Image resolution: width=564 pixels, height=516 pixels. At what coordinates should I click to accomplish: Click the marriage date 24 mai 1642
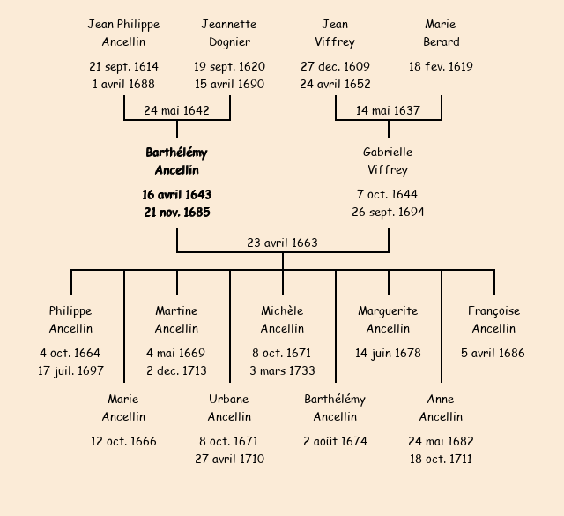click(176, 111)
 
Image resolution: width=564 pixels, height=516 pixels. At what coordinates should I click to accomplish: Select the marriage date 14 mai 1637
click(388, 111)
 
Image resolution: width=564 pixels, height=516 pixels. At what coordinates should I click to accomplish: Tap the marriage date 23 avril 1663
click(282, 243)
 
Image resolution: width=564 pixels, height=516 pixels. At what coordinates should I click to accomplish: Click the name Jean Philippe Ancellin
click(123, 33)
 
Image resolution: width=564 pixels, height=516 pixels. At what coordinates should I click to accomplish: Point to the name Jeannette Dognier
click(229, 33)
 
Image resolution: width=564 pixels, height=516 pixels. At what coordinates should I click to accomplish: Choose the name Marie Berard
click(441, 33)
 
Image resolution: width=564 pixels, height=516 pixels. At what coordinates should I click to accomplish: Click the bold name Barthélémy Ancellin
click(176, 161)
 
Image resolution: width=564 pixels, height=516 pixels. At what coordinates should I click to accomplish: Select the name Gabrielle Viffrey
click(388, 161)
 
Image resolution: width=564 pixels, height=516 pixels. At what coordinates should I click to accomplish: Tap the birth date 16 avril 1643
click(176, 194)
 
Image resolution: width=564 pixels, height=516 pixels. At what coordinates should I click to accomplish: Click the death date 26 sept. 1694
click(388, 212)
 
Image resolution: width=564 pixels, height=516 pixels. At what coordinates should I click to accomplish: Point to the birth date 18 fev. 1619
click(441, 66)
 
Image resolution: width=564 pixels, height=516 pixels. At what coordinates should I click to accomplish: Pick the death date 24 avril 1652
click(335, 84)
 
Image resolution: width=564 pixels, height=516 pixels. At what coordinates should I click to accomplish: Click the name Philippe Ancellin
click(70, 319)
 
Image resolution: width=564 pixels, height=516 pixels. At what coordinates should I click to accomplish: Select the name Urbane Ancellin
click(229, 408)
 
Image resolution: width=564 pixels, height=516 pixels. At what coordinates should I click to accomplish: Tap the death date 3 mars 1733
click(282, 370)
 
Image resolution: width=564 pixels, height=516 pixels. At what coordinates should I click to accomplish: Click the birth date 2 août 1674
click(335, 441)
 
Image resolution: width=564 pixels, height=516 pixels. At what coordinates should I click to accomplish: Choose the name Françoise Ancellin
click(493, 319)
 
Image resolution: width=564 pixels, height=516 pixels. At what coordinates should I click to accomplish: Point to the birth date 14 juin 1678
click(388, 353)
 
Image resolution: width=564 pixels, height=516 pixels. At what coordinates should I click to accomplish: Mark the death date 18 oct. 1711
click(441, 459)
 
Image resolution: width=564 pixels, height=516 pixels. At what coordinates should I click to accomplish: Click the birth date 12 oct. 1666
click(123, 441)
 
